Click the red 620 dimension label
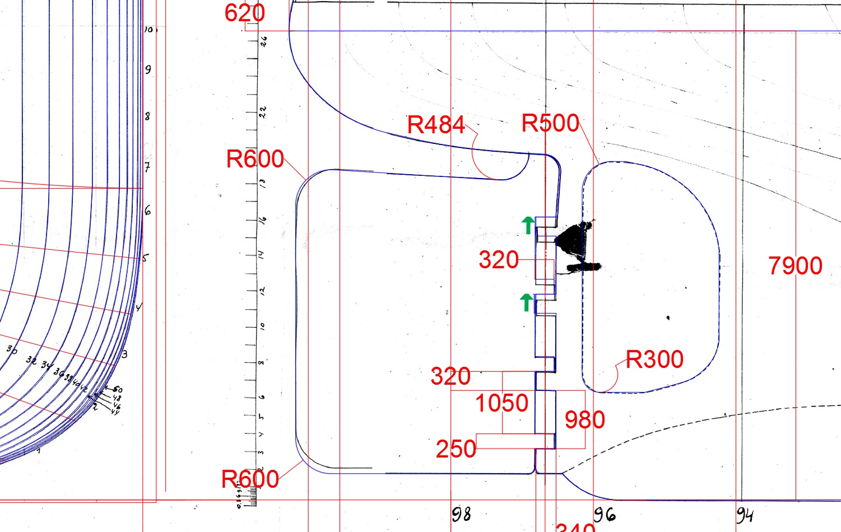tap(245, 13)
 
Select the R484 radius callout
tap(436, 125)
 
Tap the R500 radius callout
tap(550, 123)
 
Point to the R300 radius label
tap(654, 360)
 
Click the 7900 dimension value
tap(795, 265)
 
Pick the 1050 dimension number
tap(501, 403)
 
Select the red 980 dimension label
tap(584, 420)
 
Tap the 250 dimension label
tap(456, 449)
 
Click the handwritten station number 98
tap(461, 514)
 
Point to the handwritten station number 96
tap(605, 514)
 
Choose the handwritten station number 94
tap(745, 514)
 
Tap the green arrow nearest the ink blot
tap(528, 225)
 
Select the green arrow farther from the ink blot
tap(526, 302)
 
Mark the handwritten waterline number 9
tap(148, 70)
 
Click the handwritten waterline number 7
tap(147, 167)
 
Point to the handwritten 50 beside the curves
tap(118, 390)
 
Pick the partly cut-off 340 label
tap(575, 528)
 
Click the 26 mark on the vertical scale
tap(263, 41)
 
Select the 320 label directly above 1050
tap(450, 376)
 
